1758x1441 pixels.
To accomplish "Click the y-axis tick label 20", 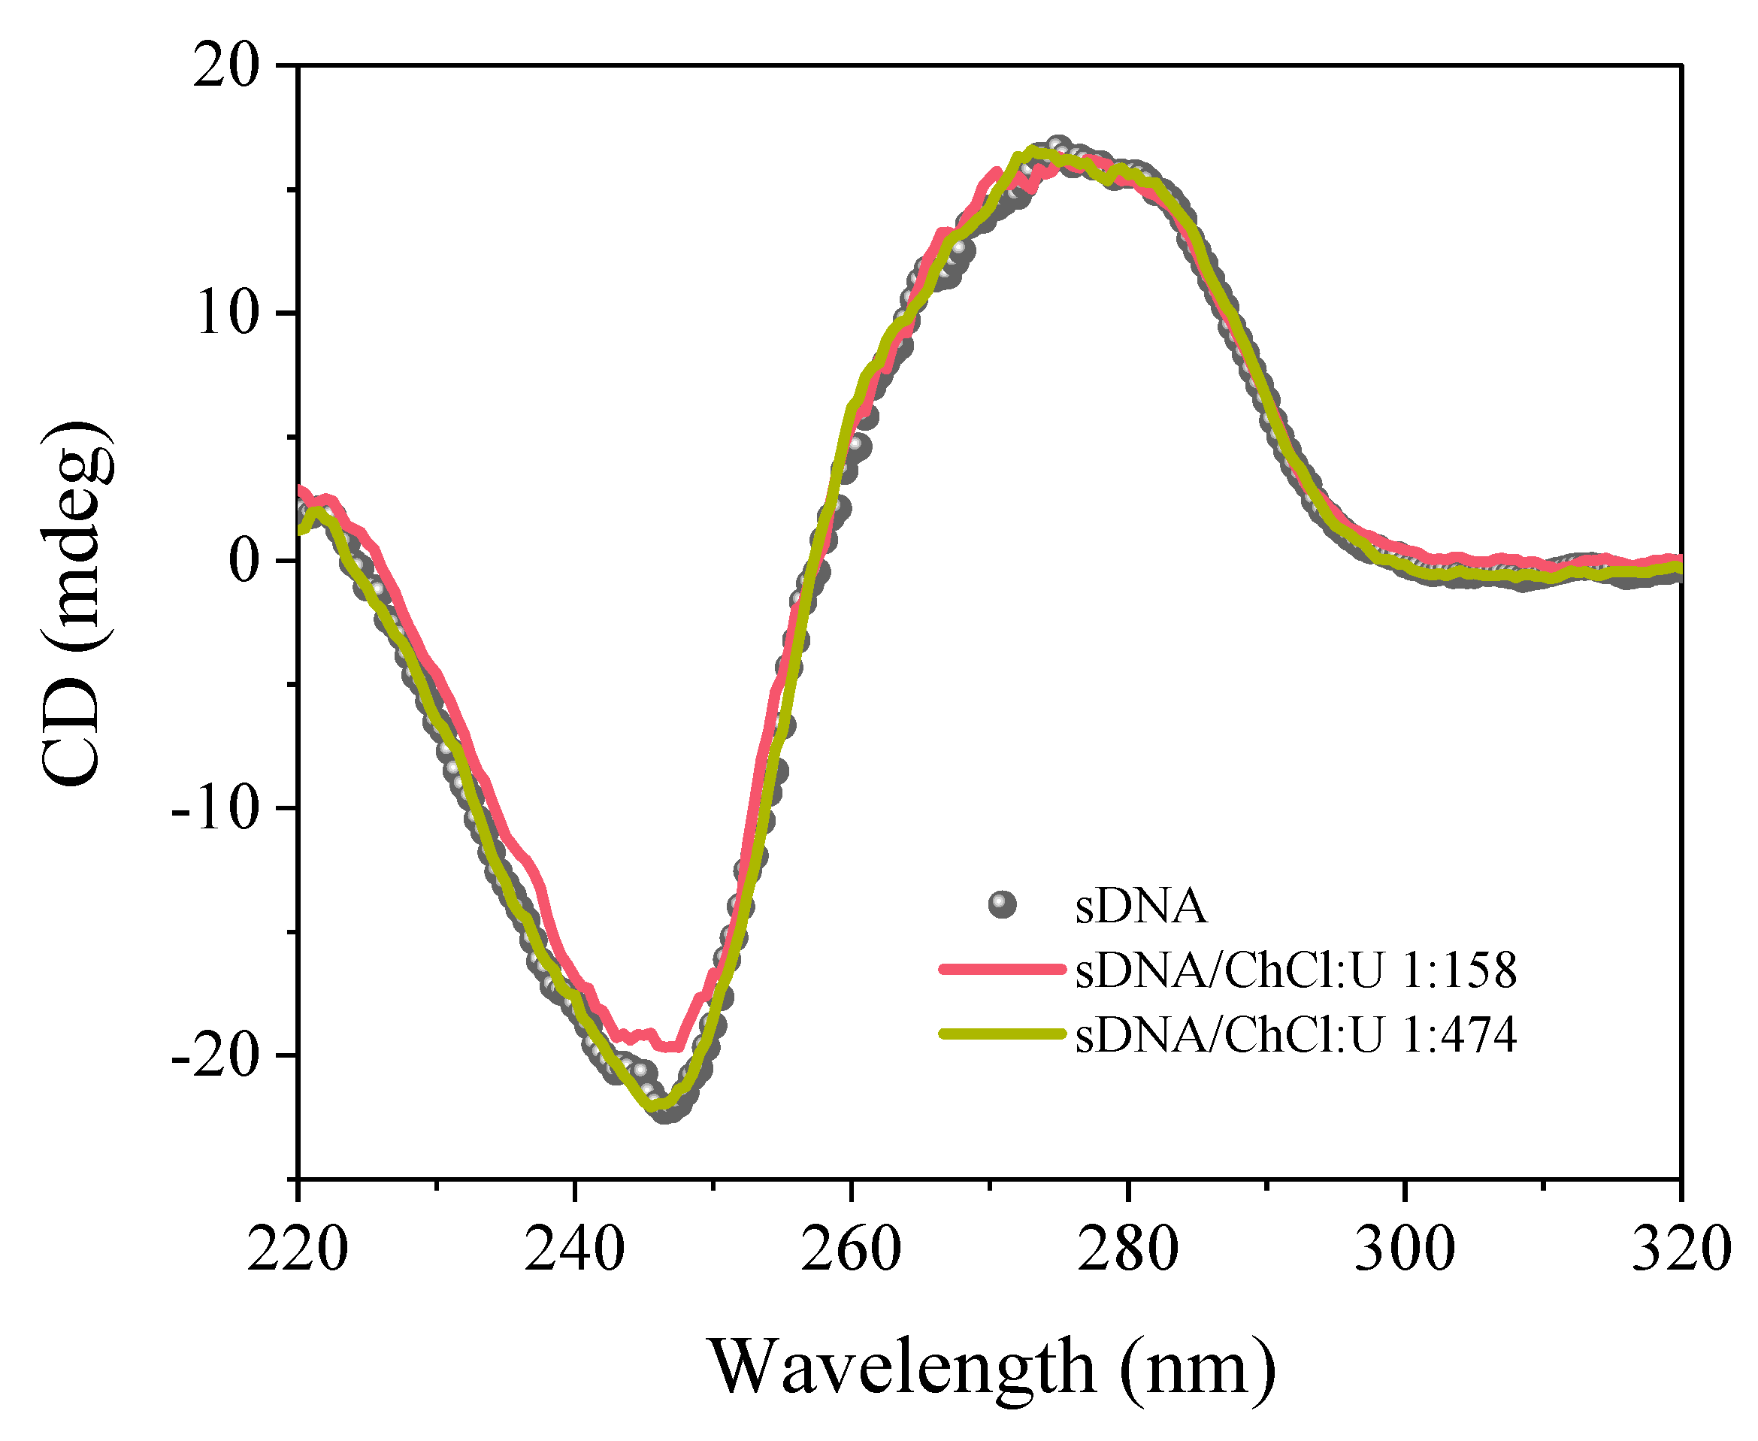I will pyautogui.click(x=225, y=66).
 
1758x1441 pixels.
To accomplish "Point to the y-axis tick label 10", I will pyautogui.click(x=225, y=313).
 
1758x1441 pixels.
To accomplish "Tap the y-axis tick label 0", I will pyautogui.click(x=244, y=561).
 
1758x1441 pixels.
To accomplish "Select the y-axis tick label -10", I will pyautogui.click(x=215, y=807).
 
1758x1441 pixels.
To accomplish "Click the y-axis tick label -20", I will pyautogui.click(x=215, y=1056).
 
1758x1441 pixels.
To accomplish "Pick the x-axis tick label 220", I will pyautogui.click(x=297, y=1249).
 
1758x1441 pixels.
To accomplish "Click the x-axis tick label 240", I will pyautogui.click(x=573, y=1249).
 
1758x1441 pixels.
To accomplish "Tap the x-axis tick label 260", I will pyautogui.click(x=851, y=1249).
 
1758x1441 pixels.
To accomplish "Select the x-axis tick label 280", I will pyautogui.click(x=1127, y=1249).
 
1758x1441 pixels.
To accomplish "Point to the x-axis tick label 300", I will pyautogui.click(x=1405, y=1249).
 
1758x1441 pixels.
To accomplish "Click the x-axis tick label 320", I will pyautogui.click(x=1681, y=1249).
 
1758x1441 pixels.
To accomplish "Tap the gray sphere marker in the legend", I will pyautogui.click(x=1002, y=905).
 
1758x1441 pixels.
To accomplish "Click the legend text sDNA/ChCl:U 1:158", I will pyautogui.click(x=1295, y=970).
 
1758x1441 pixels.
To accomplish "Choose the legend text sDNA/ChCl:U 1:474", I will pyautogui.click(x=1295, y=1034).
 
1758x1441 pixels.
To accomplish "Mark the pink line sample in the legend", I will pyautogui.click(x=1002, y=969).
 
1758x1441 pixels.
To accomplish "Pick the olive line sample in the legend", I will pyautogui.click(x=1002, y=1034).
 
